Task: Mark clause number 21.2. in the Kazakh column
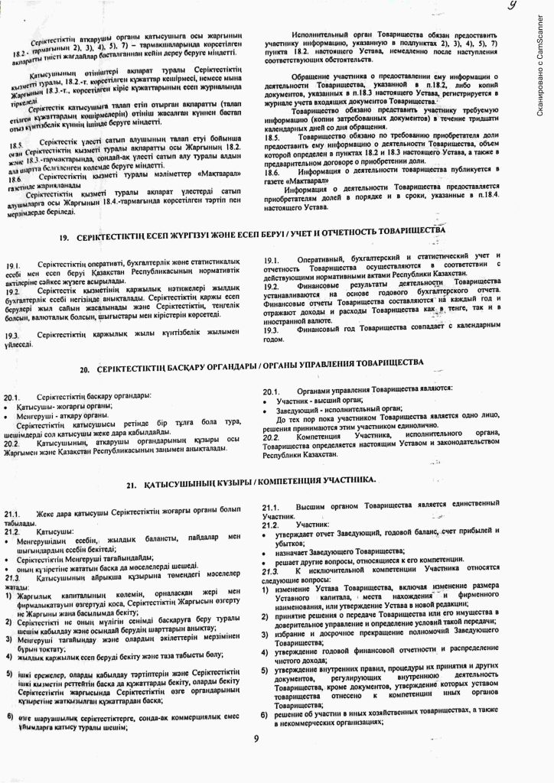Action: click(x=13, y=529)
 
